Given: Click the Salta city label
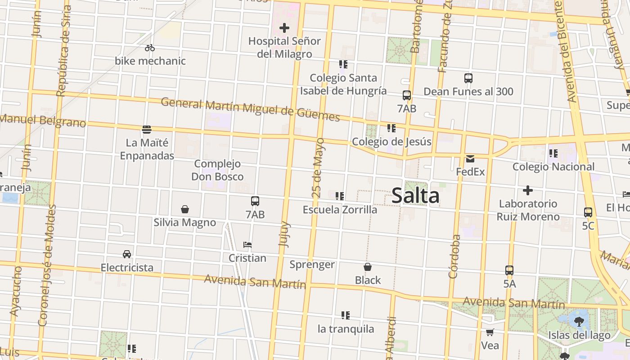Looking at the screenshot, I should coord(415,196).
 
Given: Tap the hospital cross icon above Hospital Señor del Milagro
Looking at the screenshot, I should coord(284,28).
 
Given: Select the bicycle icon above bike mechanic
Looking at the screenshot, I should coord(150,48).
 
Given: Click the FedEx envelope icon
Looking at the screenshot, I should coord(470,158).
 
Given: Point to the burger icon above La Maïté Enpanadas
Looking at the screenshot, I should coord(147,130).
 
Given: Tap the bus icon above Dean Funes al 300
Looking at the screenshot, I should coord(468,78).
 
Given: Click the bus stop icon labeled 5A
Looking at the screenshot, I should coord(509,270).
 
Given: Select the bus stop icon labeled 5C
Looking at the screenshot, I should coord(588,212).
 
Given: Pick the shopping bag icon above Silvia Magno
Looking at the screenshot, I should coord(184,209).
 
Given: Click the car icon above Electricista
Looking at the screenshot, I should coord(127,254).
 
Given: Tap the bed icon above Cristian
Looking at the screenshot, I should coord(247,245).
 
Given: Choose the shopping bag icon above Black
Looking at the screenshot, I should coord(368,267).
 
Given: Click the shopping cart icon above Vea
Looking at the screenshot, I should coord(490,333).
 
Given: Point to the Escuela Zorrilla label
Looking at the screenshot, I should coord(340,210).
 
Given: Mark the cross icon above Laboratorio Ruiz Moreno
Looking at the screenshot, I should coord(528,190).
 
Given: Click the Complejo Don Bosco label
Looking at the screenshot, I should coord(218,170).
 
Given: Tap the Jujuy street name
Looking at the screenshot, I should coord(284,234).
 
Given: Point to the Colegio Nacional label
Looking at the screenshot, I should coord(553,167).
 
